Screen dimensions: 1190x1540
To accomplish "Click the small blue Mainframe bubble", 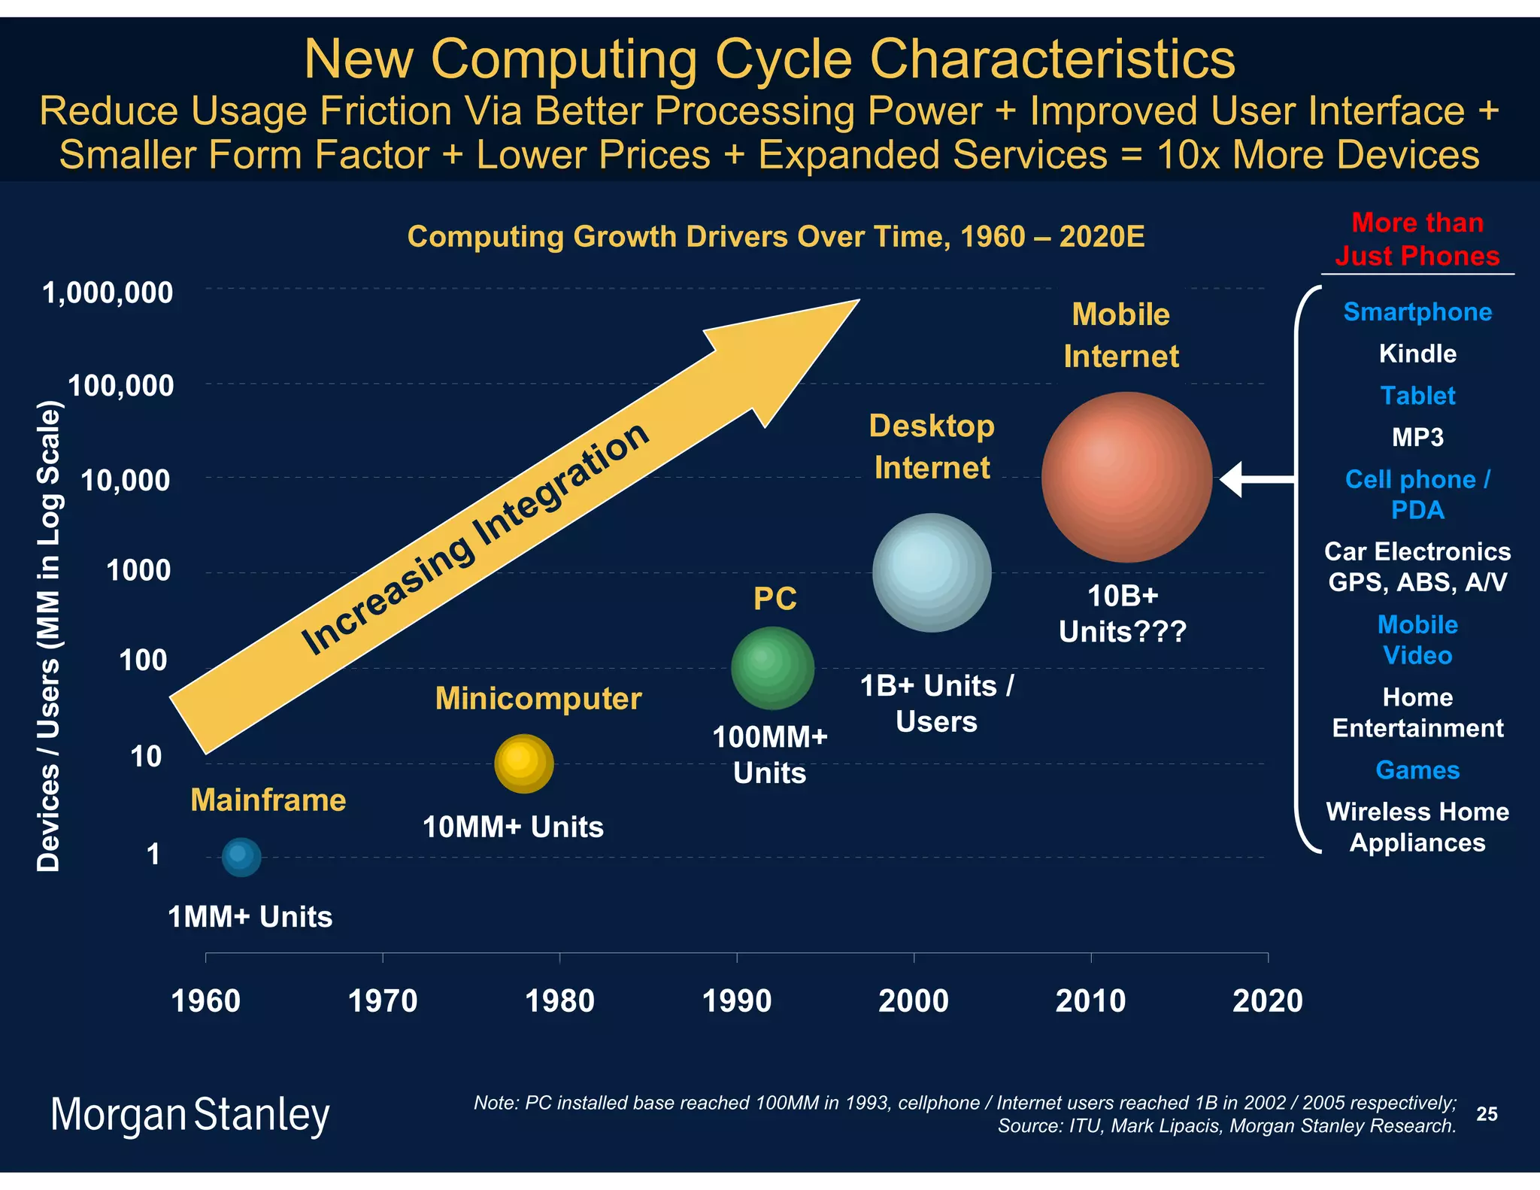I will pos(241,857).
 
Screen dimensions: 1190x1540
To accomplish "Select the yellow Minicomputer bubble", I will pos(524,763).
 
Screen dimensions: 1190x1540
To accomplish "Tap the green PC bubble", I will pos(772,668).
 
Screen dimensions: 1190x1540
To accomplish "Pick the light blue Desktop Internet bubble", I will pos(932,572).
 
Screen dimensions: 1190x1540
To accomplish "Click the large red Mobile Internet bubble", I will pos(1126,477).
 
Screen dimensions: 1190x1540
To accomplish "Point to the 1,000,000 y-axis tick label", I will pos(108,293).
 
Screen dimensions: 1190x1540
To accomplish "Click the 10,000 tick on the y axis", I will pos(126,480).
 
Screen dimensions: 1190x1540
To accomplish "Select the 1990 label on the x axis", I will pos(736,1001).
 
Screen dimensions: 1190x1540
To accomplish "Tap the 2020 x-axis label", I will pos(1267,1001).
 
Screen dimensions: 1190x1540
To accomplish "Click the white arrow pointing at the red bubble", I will pos(1256,479).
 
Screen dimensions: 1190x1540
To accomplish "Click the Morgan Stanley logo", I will pos(189,1115).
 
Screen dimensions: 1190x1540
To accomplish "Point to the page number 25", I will pos(1487,1114).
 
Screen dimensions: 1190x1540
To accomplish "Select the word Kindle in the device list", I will pos(1417,354).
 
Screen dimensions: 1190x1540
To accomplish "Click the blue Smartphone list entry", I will pos(1417,311).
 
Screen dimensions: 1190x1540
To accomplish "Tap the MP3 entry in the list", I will pos(1417,437).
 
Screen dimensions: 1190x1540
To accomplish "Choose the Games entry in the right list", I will pos(1417,770).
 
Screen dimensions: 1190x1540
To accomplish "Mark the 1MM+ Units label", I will pos(250,917).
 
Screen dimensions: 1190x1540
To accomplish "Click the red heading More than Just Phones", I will pos(1417,239).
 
